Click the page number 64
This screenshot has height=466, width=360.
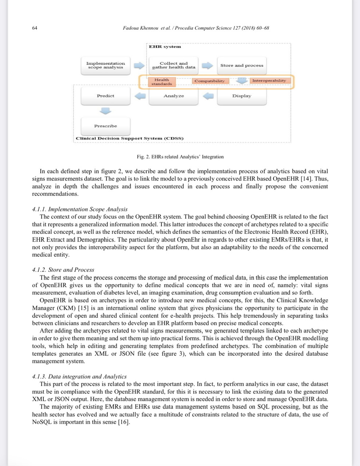(35, 28)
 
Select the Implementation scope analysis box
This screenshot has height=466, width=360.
(105, 66)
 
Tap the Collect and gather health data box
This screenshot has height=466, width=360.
(174, 66)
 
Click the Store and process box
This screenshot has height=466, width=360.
(242, 66)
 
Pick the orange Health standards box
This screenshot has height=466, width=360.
(162, 82)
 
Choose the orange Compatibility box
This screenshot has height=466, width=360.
(210, 81)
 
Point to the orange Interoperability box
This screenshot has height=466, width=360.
(269, 80)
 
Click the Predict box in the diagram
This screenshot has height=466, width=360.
(105, 96)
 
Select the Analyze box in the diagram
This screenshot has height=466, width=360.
(174, 96)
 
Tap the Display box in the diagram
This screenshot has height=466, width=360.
(242, 96)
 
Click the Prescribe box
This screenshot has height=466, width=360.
(105, 126)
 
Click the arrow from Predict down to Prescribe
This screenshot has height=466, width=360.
(105, 111)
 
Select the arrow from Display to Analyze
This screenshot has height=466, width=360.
(208, 96)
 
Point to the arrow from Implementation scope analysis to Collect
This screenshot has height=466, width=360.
(139, 66)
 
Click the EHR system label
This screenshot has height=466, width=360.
(165, 47)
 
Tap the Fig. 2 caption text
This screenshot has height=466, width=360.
(180, 157)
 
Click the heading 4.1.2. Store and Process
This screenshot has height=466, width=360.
(63, 270)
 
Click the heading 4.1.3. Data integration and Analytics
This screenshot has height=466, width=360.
(79, 376)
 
